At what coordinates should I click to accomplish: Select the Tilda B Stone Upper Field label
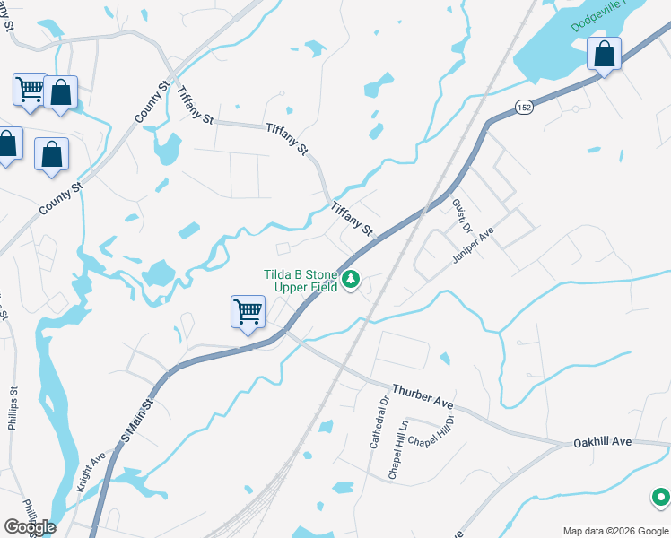(x=301, y=281)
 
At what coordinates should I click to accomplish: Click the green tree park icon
(x=352, y=281)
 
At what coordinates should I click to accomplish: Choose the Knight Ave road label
(x=91, y=471)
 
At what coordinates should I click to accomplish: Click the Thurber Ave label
(x=423, y=398)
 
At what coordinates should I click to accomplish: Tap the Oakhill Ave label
(x=603, y=442)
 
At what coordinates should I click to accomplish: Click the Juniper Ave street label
(x=475, y=243)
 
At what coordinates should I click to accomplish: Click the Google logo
(x=30, y=526)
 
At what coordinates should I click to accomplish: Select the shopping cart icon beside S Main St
(x=248, y=312)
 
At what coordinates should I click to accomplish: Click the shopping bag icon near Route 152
(x=605, y=55)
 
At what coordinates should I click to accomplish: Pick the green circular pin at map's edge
(x=661, y=496)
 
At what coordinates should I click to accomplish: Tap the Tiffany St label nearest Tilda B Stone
(x=352, y=219)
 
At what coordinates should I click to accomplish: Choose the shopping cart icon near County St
(x=30, y=90)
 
